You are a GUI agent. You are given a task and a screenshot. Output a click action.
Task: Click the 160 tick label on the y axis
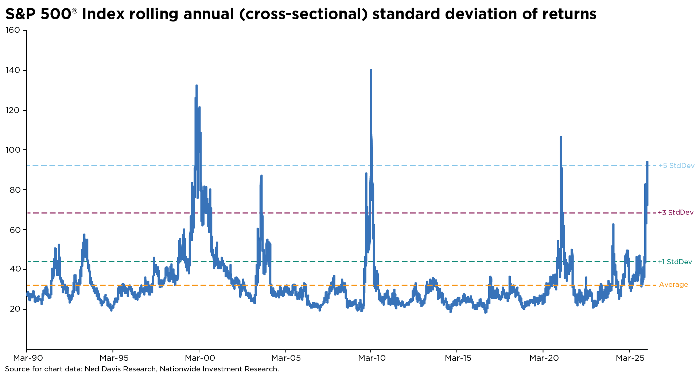[13, 30]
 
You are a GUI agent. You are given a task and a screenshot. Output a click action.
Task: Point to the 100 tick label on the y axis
[13, 150]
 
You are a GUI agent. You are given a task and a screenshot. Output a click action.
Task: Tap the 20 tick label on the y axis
[15, 309]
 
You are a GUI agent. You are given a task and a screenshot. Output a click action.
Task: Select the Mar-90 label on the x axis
[27, 358]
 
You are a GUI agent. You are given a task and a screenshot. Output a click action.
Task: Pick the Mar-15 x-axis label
[458, 358]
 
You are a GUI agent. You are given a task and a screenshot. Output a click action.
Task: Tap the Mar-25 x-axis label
[629, 358]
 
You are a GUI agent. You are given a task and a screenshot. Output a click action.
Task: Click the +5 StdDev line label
[676, 166]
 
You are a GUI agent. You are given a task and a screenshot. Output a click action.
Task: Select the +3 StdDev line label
[676, 213]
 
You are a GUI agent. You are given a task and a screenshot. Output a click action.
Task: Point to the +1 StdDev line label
[675, 262]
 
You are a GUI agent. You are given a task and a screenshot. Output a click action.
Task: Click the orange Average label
[673, 285]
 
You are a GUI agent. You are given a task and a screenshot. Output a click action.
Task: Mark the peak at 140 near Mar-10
[371, 70]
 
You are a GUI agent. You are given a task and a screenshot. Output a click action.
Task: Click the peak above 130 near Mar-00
[197, 86]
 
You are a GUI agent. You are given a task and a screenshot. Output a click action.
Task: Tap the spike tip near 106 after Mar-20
[561, 137]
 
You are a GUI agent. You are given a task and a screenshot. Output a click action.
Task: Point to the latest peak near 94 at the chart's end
[647, 161]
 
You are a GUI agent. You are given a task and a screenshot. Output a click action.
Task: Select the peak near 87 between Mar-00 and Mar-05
[261, 176]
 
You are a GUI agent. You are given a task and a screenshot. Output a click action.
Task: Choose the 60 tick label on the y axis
[15, 230]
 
